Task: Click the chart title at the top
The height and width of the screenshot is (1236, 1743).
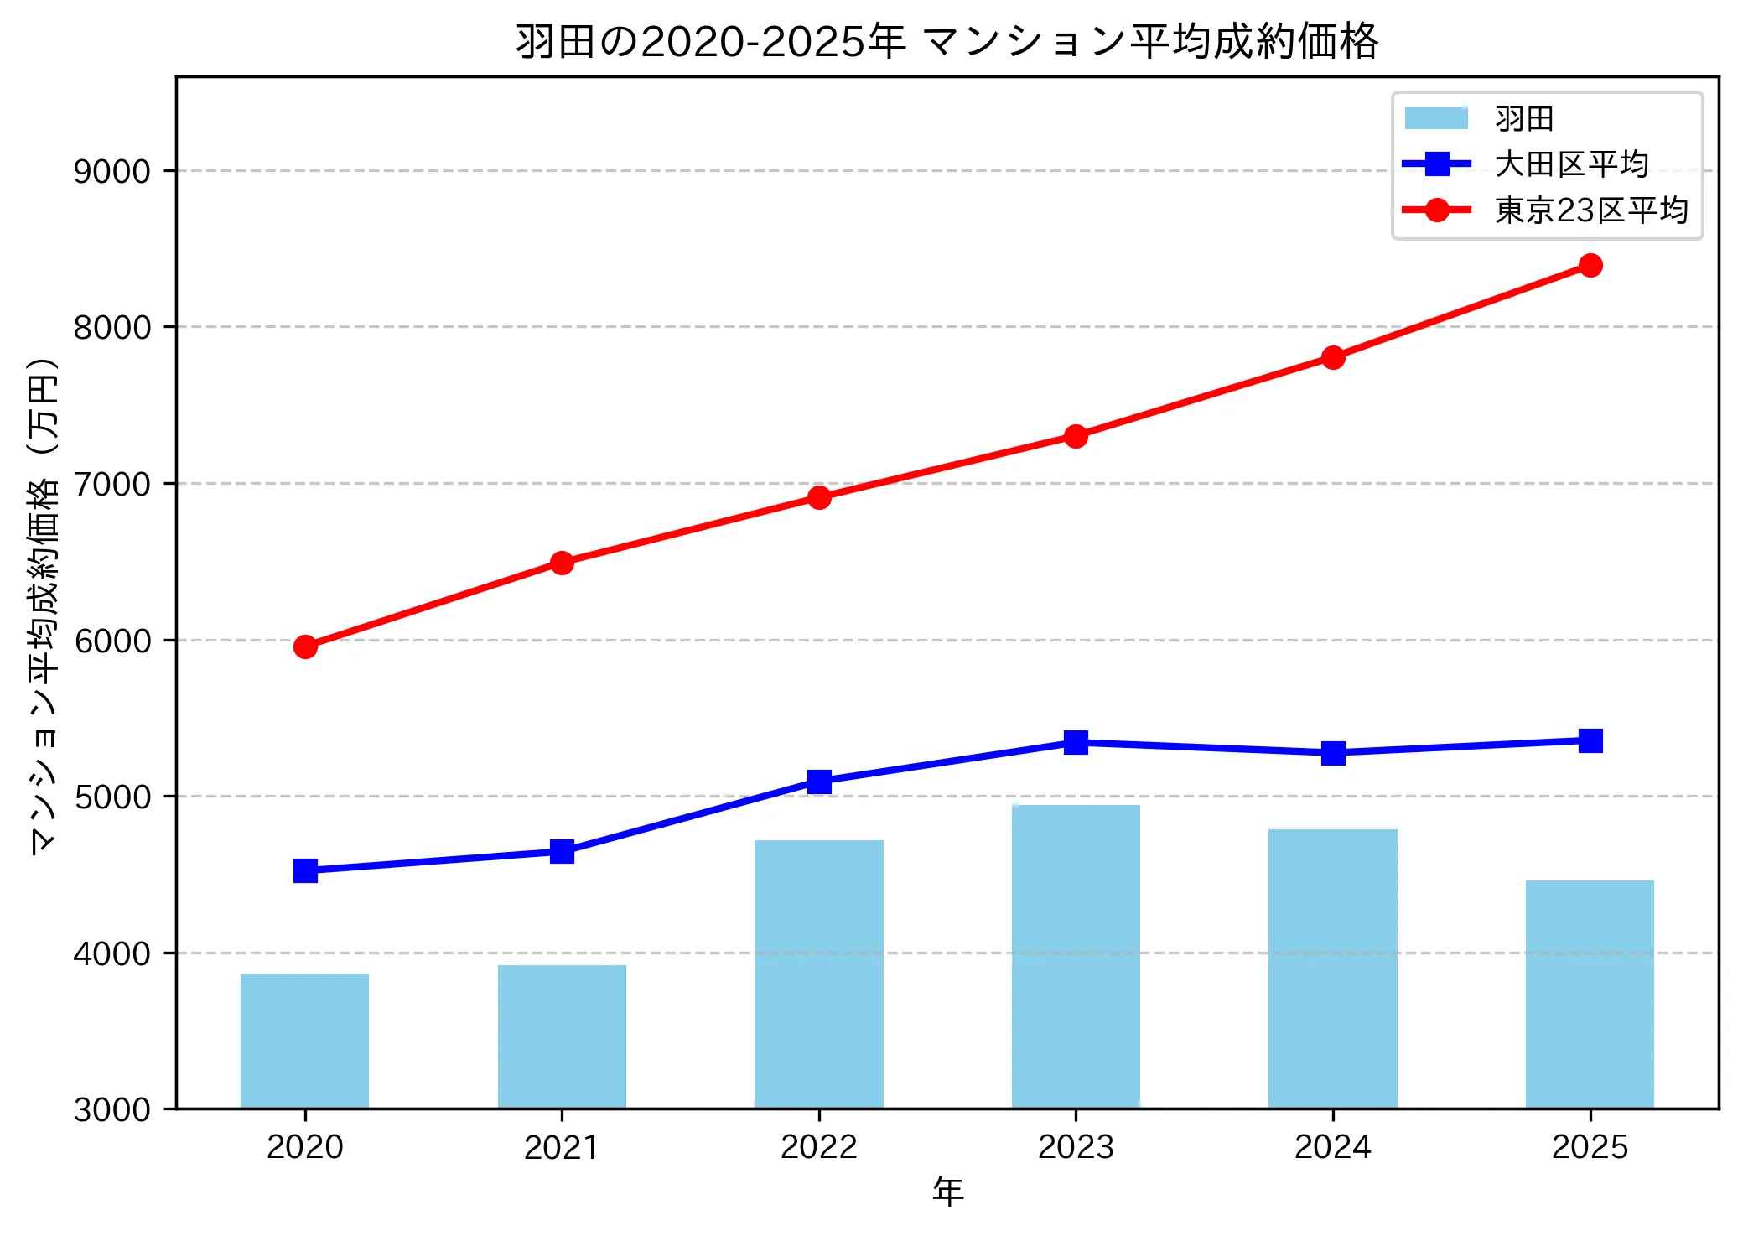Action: coord(947,42)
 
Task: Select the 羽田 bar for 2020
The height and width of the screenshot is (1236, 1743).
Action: coord(304,1041)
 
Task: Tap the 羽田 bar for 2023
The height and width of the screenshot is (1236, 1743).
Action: coord(1076,956)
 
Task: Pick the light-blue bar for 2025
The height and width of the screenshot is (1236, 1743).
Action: coord(1590,994)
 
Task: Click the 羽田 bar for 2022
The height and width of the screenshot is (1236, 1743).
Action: coord(819,974)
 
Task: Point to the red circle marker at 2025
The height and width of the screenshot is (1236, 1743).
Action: coord(1590,266)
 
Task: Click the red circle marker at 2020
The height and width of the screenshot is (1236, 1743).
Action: coord(305,647)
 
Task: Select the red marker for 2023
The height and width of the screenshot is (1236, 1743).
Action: coord(1076,436)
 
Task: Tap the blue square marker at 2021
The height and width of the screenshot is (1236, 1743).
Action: coord(562,852)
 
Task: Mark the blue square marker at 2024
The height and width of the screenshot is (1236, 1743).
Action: coord(1333,753)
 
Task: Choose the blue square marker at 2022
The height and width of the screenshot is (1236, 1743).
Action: coord(819,782)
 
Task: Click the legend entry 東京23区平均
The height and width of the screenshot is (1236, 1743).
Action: coord(1590,210)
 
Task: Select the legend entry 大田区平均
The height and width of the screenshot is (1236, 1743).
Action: coord(1571,164)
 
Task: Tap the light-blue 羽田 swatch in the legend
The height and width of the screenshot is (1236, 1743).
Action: coord(1436,118)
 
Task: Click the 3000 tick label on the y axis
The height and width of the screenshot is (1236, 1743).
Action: coord(112,1109)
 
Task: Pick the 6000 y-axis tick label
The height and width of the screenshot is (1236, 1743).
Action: coord(112,641)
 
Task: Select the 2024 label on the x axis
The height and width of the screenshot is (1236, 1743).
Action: coord(1332,1147)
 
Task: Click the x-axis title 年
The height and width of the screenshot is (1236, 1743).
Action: coord(947,1192)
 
